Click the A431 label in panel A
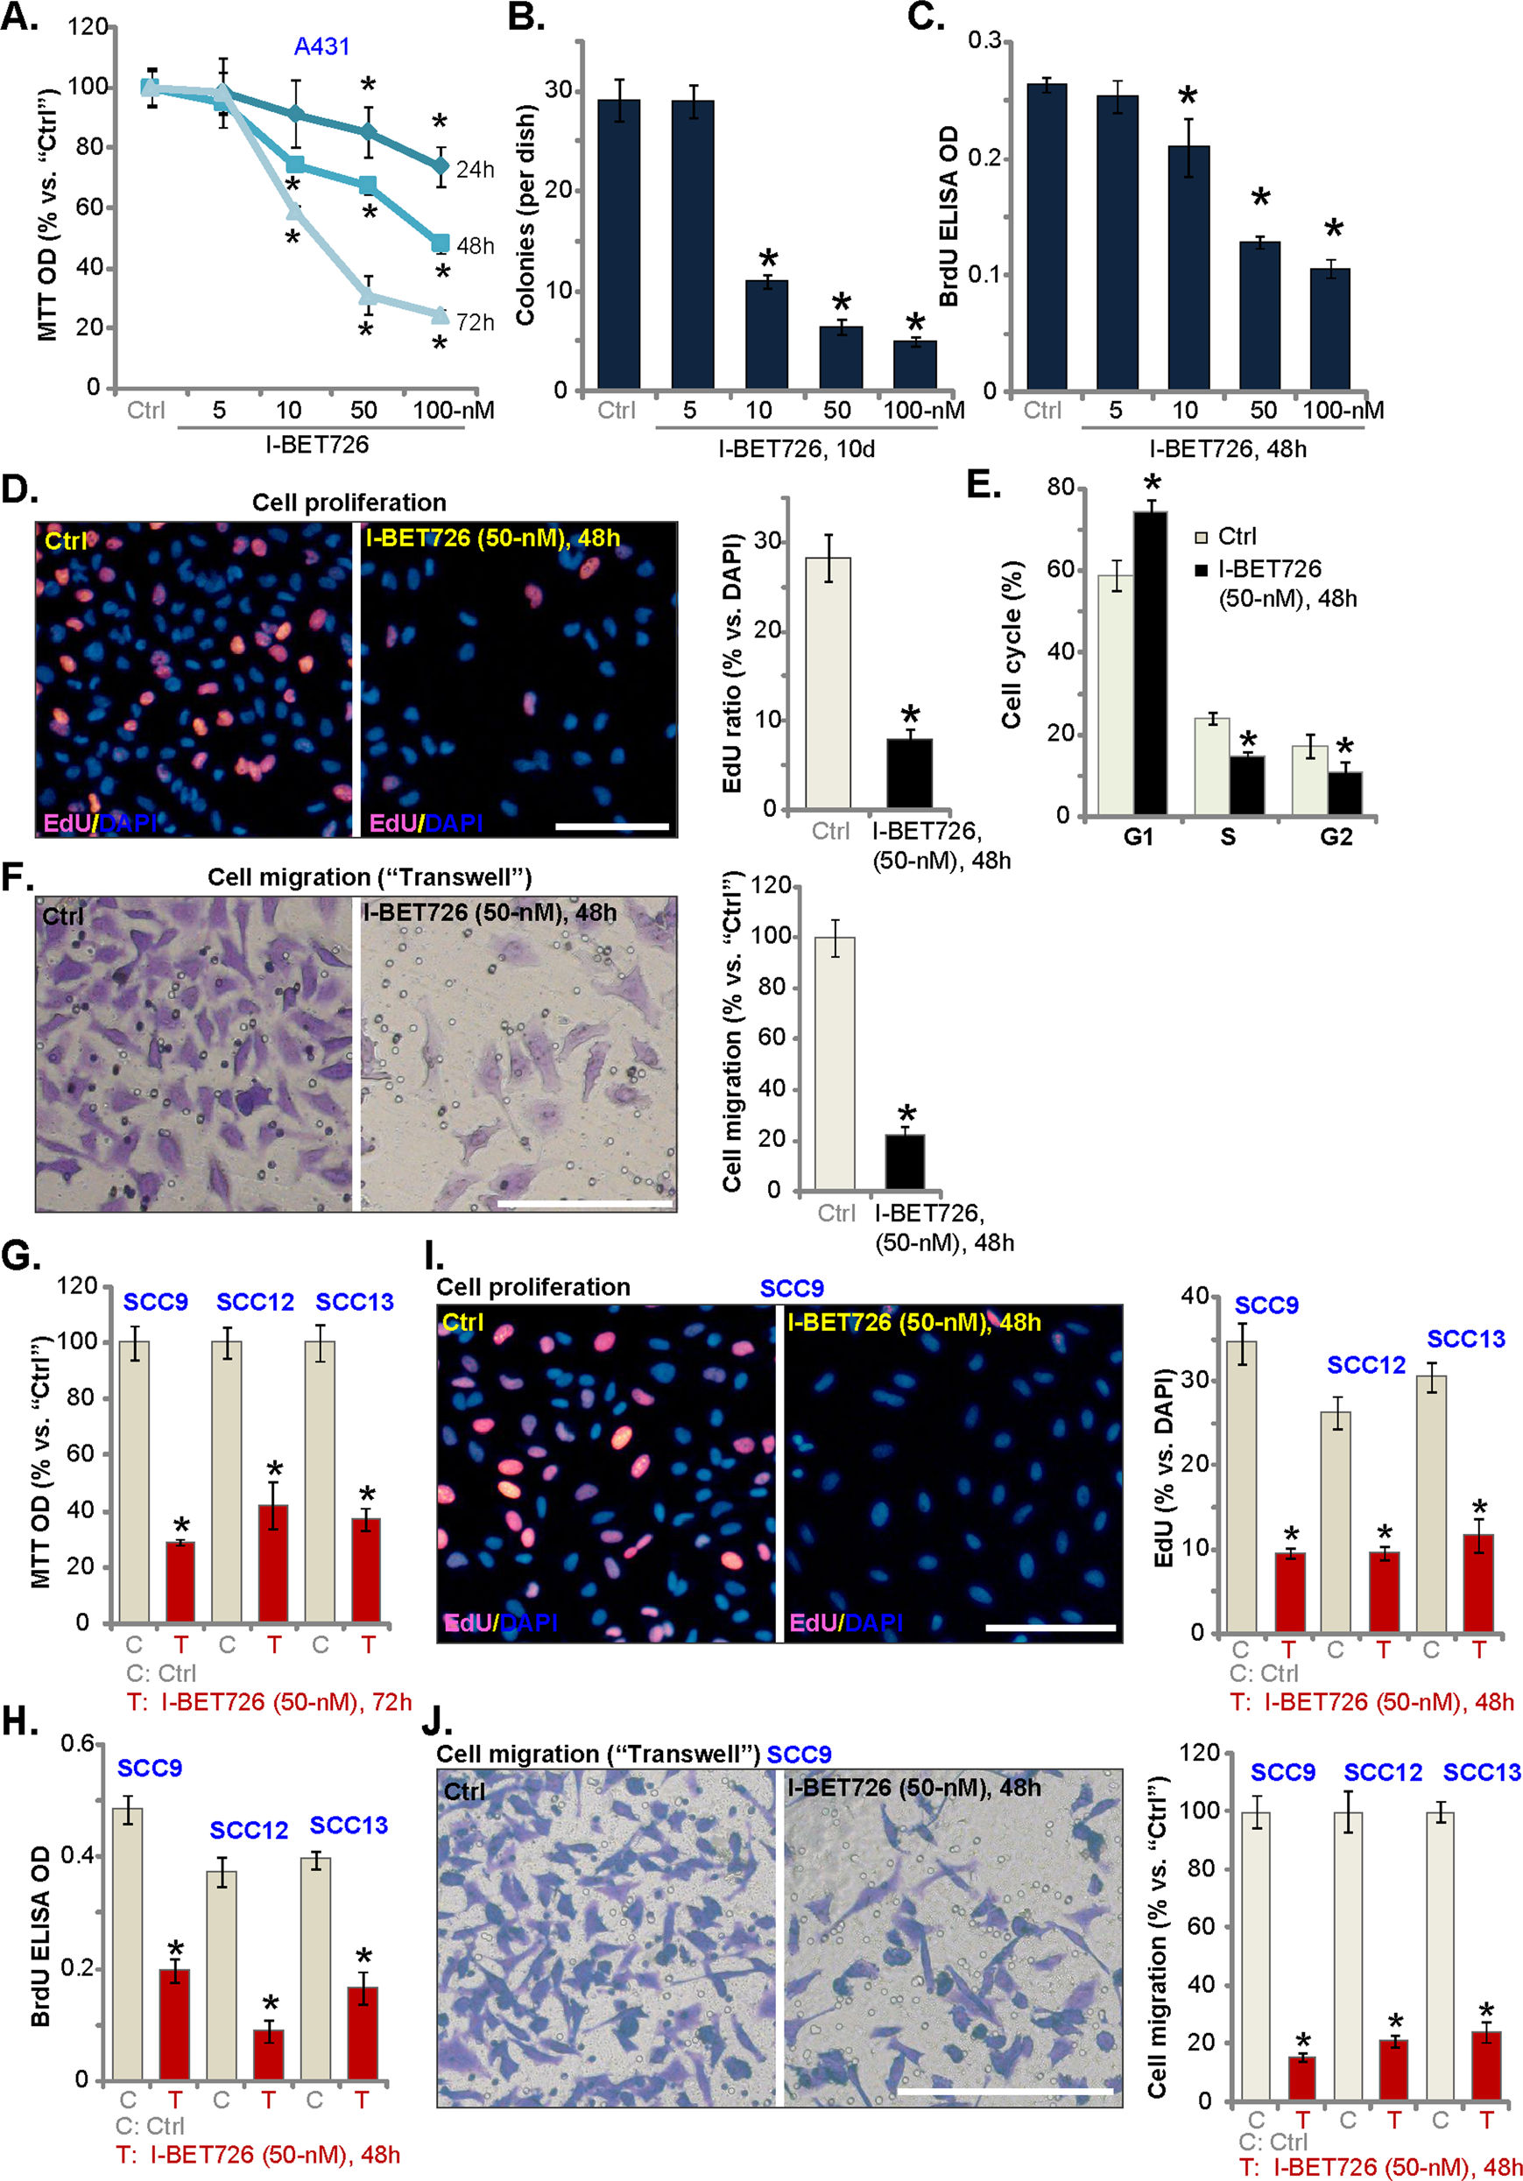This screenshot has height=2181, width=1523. (322, 46)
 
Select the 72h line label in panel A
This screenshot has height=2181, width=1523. (475, 323)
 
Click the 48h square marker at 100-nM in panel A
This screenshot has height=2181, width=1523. (441, 243)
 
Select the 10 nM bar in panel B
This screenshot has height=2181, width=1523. (766, 334)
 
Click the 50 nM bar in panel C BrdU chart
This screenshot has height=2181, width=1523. (1259, 315)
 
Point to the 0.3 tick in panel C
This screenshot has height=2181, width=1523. (984, 41)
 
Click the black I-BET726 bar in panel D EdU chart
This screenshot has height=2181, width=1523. (909, 773)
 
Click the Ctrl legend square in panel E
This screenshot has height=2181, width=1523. (1201, 538)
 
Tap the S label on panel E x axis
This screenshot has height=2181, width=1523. (1229, 837)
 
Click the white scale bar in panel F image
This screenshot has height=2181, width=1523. (585, 1204)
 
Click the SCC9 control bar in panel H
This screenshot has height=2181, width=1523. (128, 1944)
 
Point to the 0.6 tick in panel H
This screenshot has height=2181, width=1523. (77, 1744)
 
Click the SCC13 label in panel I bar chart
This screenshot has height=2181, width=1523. (1466, 1339)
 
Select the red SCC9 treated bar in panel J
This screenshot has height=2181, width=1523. (1301, 2078)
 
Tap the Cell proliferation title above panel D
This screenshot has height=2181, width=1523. (349, 503)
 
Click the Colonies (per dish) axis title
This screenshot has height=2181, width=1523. (526, 215)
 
